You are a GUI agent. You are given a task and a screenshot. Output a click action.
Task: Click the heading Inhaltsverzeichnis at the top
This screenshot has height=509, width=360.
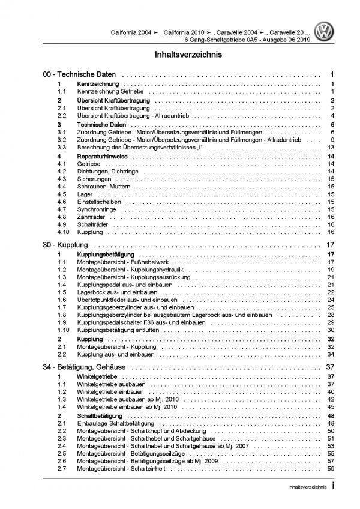pyautogui.click(x=180, y=54)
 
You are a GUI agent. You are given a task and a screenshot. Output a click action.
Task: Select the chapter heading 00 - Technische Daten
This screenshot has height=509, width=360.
pyautogui.click(x=69, y=75)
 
